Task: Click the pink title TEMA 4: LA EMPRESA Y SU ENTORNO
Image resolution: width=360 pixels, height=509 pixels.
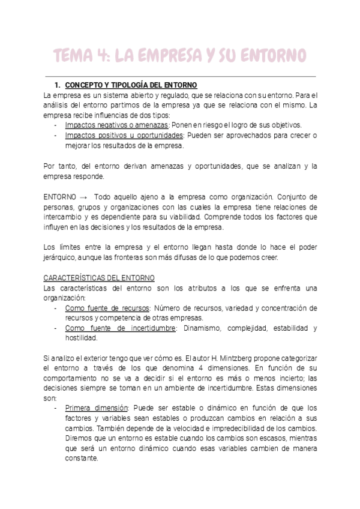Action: tap(180, 56)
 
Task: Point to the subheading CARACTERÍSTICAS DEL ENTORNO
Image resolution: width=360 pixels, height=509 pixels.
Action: tap(100, 278)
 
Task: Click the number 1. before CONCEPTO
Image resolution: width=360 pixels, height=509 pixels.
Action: tap(58, 85)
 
